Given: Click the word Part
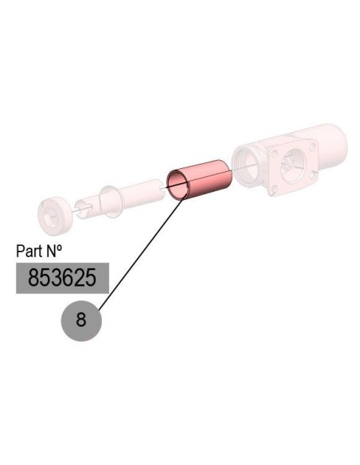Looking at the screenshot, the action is point(29,251).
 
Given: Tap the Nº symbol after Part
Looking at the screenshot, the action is point(53,251).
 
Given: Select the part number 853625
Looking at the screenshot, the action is point(62,278).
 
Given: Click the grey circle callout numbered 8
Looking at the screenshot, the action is point(81,321).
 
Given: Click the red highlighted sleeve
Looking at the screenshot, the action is point(199,179).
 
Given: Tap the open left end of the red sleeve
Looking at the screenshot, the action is point(177,185).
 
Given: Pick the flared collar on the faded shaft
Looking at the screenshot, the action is point(109,201).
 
